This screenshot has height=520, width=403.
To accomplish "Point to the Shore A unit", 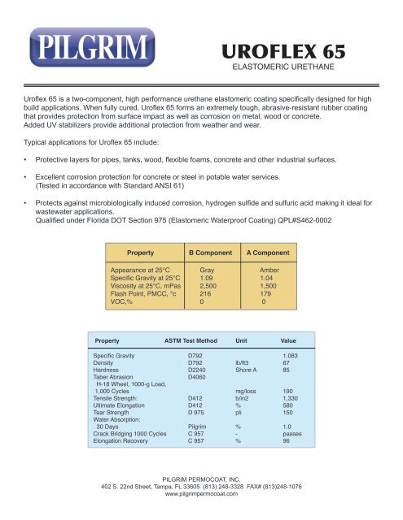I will click(246, 370).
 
